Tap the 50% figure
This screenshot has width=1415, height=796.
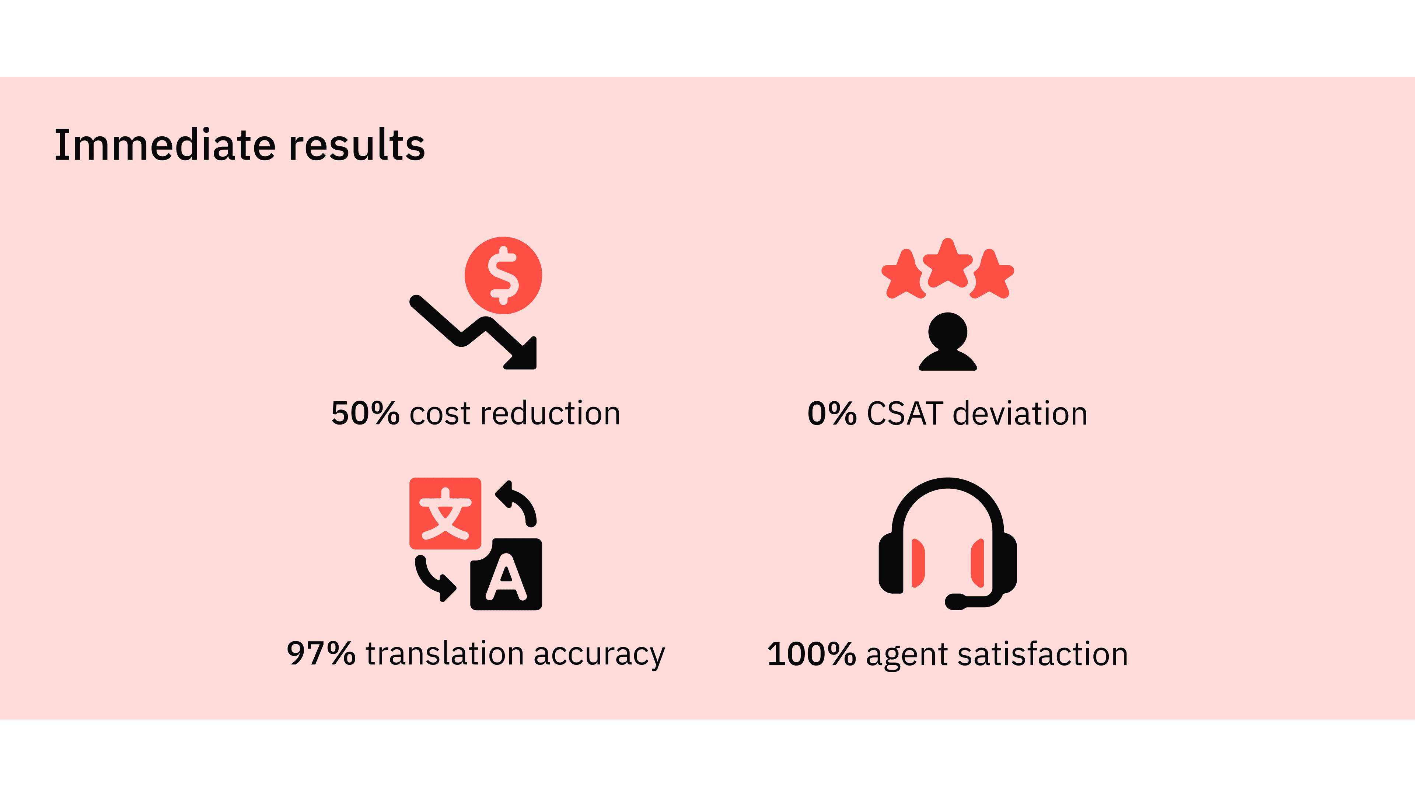365,413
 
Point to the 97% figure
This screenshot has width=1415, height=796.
321,654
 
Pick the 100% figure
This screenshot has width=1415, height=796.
811,654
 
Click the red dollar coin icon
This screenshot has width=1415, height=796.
503,275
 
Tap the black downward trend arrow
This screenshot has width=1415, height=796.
473,333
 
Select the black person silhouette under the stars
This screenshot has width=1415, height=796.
947,341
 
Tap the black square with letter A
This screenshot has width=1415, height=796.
506,575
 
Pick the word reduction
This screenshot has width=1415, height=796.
551,413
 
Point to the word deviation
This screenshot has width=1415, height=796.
1020,413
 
